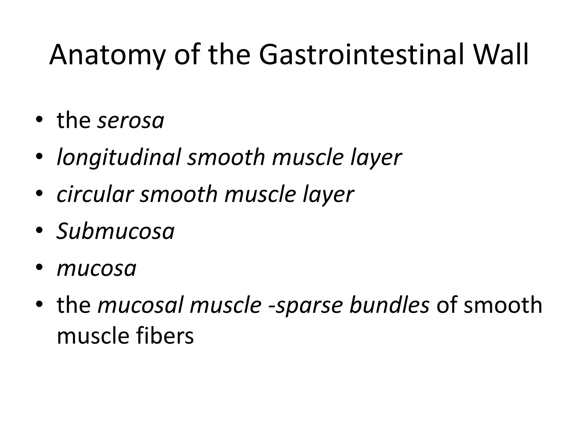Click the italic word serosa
(x=131, y=121)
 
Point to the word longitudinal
(x=119, y=158)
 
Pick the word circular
(x=95, y=195)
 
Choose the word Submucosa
(x=115, y=231)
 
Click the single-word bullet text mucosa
(x=97, y=268)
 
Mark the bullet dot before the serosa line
(x=40, y=120)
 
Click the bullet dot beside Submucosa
(x=40, y=231)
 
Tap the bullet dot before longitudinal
(x=40, y=156)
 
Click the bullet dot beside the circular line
(x=40, y=193)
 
